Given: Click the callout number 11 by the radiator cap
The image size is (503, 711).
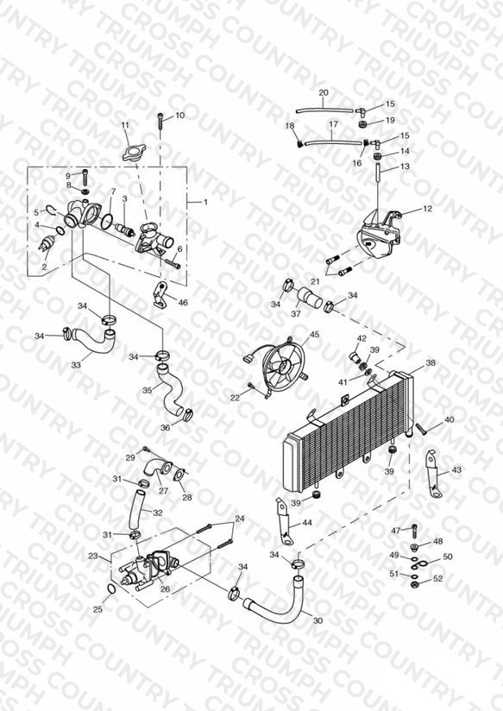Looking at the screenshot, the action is [126, 125].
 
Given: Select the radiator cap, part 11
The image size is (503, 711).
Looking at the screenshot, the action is [133, 153].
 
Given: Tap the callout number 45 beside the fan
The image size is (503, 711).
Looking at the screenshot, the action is [314, 335].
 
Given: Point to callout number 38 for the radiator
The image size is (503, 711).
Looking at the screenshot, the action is [431, 362].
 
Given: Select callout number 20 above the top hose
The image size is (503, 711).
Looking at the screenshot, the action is [324, 92].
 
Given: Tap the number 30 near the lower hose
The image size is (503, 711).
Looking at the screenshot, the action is [318, 620].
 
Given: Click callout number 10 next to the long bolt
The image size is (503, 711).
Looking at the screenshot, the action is [180, 115].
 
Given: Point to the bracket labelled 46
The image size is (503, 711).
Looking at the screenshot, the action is [160, 296].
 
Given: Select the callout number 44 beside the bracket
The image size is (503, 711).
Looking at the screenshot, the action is [307, 523].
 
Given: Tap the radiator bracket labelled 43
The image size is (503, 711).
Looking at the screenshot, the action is [433, 474].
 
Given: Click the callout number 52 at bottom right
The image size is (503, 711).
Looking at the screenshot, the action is [437, 579].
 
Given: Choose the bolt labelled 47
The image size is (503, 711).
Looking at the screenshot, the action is [414, 530].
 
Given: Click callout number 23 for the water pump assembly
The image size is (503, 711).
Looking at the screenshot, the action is [93, 556].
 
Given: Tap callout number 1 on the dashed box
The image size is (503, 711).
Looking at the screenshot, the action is [205, 202].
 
